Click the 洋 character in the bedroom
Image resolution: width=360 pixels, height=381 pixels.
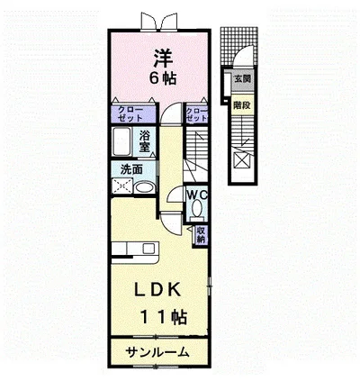click(x=163, y=56)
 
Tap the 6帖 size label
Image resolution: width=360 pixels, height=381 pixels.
click(x=163, y=77)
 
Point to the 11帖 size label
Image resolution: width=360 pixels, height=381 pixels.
click(x=163, y=317)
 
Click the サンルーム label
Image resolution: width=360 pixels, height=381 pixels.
click(x=157, y=353)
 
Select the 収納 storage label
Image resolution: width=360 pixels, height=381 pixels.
click(x=201, y=235)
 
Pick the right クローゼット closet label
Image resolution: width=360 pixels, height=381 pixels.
click(x=195, y=114)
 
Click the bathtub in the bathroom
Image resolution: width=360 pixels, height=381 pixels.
click(x=123, y=143)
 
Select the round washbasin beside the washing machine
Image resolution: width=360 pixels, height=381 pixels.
click(x=144, y=188)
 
